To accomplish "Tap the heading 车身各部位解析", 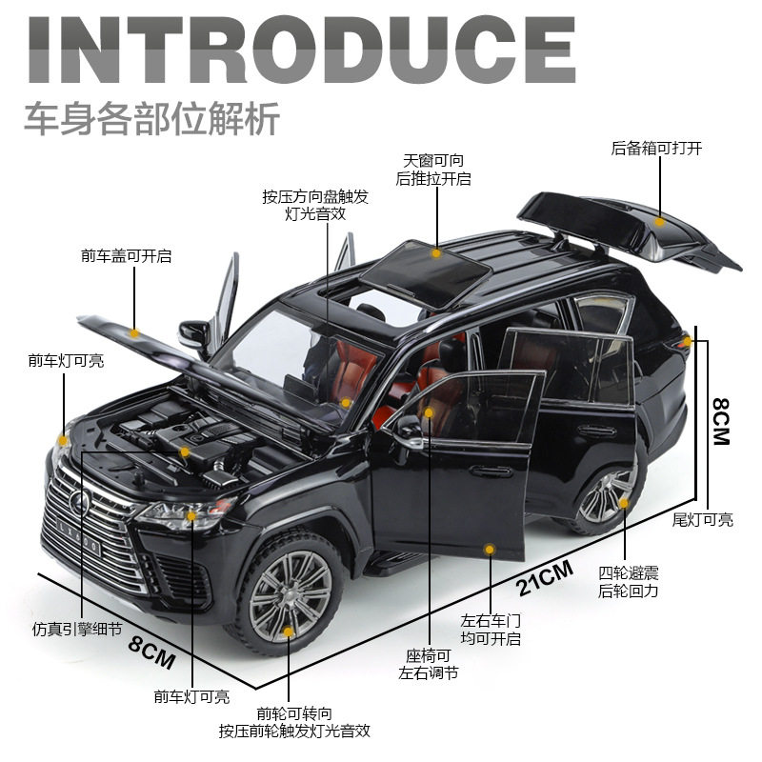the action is pos(151,121).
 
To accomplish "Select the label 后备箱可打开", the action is pos(656,149).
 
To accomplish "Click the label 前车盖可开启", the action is pos(126,256).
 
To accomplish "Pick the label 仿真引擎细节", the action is pos(77,630).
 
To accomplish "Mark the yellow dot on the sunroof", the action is pos(436,253).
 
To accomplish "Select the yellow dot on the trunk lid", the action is pos(659,221).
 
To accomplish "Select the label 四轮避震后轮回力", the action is pos(628,582).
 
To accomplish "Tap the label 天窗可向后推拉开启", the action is pos(433,169).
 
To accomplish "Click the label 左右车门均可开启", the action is pos(491,629).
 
